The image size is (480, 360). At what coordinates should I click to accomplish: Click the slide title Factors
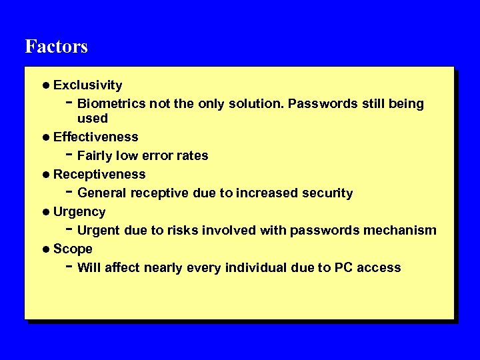coord(56,47)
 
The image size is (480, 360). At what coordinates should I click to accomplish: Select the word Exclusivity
coord(87,85)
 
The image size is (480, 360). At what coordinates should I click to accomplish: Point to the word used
coord(92,119)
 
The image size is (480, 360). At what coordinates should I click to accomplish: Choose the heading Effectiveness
coord(95,137)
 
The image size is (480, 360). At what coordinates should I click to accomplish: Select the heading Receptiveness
coord(99,175)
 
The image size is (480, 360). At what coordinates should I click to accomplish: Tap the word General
coord(102,193)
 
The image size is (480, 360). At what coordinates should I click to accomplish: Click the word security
coord(327,193)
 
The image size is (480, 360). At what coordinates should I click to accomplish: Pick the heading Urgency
coord(79,212)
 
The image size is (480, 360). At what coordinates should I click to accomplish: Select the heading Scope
coord(73,249)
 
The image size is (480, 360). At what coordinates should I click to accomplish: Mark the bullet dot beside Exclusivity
coord(45,85)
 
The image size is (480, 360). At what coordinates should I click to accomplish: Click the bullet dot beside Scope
coord(45,249)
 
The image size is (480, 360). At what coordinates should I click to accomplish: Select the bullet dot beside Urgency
coord(45,212)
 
